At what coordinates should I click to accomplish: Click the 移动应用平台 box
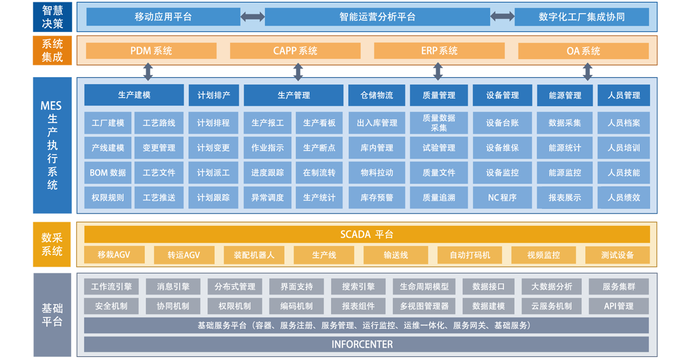pyautogui.click(x=163, y=17)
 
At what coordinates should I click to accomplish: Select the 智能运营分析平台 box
pyautogui.click(x=377, y=17)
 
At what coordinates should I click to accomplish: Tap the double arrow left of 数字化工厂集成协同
pyautogui.click(x=502, y=17)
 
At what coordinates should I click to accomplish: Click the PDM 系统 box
pyautogui.click(x=151, y=51)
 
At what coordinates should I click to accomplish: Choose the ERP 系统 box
pyautogui.click(x=439, y=51)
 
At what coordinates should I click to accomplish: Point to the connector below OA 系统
pyautogui.click(x=587, y=72)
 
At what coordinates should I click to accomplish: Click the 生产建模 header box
pyautogui.click(x=134, y=95)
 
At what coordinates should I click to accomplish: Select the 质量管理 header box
pyautogui.click(x=439, y=95)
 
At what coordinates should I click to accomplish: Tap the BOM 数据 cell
pyautogui.click(x=108, y=173)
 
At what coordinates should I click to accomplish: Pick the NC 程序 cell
pyautogui.click(x=502, y=198)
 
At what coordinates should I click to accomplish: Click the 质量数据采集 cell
pyautogui.click(x=439, y=123)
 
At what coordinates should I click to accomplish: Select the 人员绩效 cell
pyautogui.click(x=623, y=198)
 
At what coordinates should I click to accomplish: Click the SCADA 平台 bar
pyautogui.click(x=367, y=235)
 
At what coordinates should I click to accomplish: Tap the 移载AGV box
pyautogui.click(x=114, y=255)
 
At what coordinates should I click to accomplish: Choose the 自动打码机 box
pyautogui.click(x=469, y=255)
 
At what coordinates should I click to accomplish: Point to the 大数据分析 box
pyautogui.click(x=551, y=287)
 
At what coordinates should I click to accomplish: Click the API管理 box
pyautogui.click(x=618, y=307)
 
